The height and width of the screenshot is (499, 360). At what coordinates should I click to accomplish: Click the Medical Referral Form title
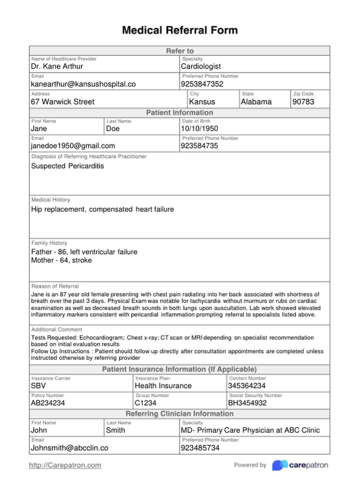[180, 30]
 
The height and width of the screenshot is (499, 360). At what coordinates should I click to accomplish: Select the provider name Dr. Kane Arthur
[57, 66]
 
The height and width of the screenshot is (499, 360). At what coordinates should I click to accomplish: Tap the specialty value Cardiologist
[201, 66]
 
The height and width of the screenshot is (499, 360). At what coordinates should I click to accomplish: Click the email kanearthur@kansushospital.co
[83, 84]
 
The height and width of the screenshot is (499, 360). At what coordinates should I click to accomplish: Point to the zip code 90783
[303, 102]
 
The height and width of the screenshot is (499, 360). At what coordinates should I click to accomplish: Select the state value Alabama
[256, 102]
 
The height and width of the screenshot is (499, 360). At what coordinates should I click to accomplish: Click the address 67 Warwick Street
[63, 102]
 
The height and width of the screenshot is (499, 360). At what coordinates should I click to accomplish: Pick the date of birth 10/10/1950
[200, 129]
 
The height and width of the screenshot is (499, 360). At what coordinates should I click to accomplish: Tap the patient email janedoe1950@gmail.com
[73, 146]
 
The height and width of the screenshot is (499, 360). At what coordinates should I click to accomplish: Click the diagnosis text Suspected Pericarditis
[68, 166]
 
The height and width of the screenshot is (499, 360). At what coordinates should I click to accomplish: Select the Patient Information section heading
[180, 113]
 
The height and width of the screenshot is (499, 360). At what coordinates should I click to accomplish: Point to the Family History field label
[49, 243]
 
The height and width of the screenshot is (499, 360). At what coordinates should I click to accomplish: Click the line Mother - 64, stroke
[62, 260]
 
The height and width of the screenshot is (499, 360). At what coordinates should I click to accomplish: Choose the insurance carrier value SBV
[38, 386]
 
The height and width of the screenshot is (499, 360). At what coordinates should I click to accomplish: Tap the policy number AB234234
[48, 403]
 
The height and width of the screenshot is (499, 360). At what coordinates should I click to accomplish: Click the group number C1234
[145, 403]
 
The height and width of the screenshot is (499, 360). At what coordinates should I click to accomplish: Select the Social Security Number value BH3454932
[247, 403]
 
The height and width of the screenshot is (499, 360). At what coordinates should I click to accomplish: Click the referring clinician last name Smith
[115, 430]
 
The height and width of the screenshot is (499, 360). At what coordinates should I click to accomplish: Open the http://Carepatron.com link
[65, 465]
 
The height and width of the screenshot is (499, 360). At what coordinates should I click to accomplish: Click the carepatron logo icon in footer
[279, 465]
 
